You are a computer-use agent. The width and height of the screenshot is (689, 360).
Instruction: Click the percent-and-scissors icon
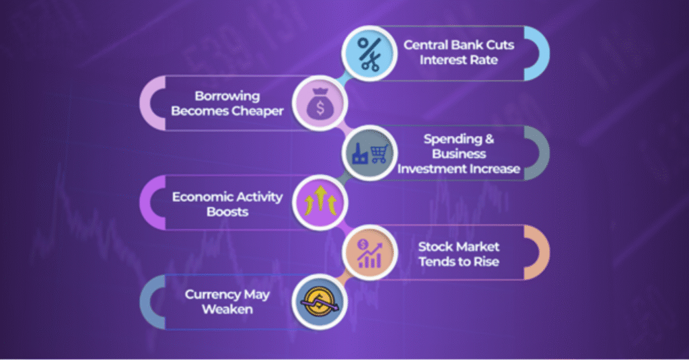click(x=369, y=54)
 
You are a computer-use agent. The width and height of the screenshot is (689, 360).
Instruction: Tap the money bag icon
click(x=320, y=104)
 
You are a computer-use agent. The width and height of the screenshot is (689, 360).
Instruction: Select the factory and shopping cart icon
click(x=370, y=153)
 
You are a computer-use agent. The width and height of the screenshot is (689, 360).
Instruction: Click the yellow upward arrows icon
click(x=321, y=201)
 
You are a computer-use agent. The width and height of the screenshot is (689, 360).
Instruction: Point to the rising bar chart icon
click(x=369, y=254)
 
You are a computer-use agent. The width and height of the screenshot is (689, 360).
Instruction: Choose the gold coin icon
click(x=320, y=302)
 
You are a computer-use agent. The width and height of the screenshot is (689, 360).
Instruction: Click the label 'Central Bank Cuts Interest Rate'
click(x=459, y=52)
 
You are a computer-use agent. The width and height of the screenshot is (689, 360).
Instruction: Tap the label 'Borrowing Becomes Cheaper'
click(x=227, y=104)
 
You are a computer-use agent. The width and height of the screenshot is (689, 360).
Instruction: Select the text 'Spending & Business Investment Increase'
click(x=459, y=153)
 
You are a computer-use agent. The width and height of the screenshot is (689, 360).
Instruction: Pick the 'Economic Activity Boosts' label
click(x=227, y=204)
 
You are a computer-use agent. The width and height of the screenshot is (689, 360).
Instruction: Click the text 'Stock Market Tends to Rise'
click(x=459, y=254)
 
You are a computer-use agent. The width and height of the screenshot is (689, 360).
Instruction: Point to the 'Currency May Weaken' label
click(x=227, y=301)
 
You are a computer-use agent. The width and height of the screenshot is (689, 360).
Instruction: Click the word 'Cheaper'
click(x=258, y=111)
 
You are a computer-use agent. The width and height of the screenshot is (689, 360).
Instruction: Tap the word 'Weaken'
click(x=227, y=309)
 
